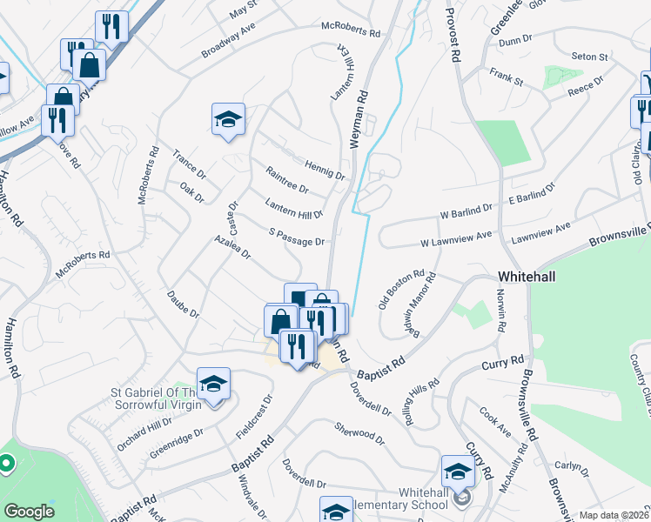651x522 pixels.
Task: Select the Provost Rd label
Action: [x=453, y=35]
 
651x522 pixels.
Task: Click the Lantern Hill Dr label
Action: [x=293, y=208]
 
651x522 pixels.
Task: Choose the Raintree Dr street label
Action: [x=286, y=181]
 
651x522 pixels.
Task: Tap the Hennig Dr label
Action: [x=325, y=169]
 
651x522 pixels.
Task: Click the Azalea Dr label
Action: [x=233, y=248]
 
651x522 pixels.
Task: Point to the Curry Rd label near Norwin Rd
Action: [x=506, y=361]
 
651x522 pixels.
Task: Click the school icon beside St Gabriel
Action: [x=213, y=383]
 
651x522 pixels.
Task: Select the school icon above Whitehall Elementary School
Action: [x=457, y=471]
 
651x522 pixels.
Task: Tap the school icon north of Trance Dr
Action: [x=228, y=118]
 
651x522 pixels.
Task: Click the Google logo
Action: [x=29, y=512]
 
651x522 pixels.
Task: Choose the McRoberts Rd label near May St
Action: [x=351, y=30]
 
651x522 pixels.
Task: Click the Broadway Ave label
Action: [x=228, y=41]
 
